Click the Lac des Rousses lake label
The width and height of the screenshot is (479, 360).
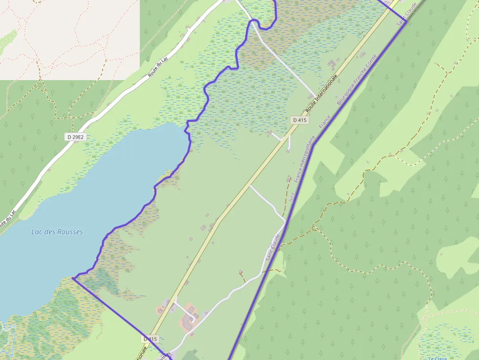(57, 232)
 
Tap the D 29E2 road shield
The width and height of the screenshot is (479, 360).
(75, 137)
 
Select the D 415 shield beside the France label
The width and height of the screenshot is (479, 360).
(299, 120)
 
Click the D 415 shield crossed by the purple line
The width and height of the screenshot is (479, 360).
(151, 339)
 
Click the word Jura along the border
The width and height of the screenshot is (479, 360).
(292, 197)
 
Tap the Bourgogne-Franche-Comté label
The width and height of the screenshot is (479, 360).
(357, 80)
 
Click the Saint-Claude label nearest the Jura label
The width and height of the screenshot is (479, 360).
(272, 247)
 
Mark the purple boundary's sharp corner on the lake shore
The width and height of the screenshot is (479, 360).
(72, 278)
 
